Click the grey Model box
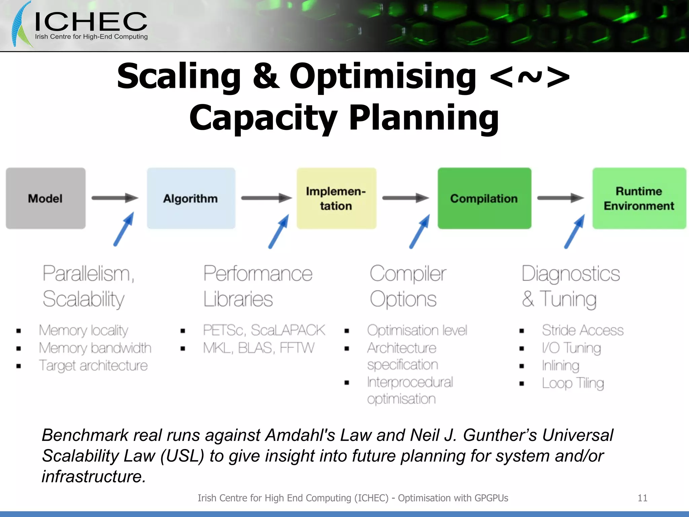pos(45,198)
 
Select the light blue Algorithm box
pos(191,198)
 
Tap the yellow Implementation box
pos(336,198)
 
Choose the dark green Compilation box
pos(484,198)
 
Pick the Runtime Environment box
pos(639,198)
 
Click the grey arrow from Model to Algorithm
pos(115,198)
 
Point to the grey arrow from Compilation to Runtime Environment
pos(560,198)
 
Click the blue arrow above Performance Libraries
pos(279,232)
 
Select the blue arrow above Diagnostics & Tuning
pos(574,232)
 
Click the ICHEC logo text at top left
pos(91,22)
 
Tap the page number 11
pos(642,498)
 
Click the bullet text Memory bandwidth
pos(95,348)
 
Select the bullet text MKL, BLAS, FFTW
pos(258,348)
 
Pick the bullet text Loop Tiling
pos(573,383)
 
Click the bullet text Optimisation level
pos(417,331)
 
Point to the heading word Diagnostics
pos(571,274)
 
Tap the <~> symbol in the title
pos(530,77)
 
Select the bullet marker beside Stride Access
pos(521,331)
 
